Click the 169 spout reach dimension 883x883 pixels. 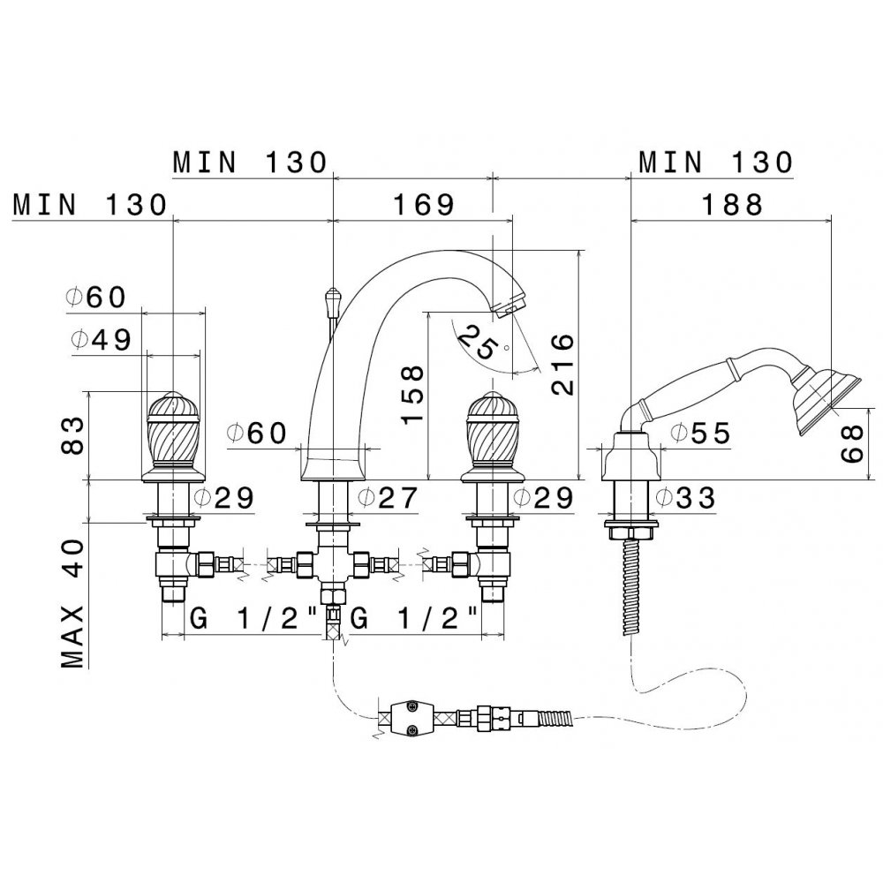420,205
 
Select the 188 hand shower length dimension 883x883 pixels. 729,205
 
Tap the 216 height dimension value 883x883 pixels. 562,364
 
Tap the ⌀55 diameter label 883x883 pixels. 699,433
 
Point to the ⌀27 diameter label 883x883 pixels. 389,500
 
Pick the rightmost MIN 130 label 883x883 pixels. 715,162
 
